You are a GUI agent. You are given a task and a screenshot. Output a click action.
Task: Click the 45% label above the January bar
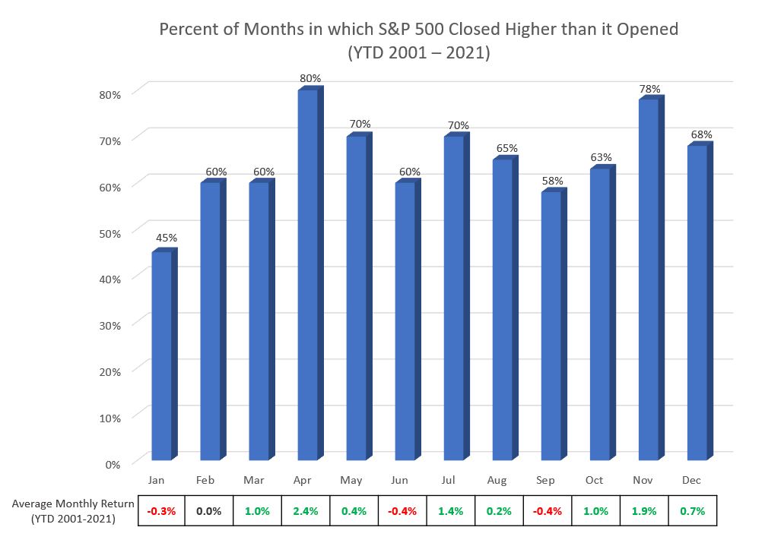coord(167,238)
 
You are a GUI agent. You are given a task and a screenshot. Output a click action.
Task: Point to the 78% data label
coord(650,89)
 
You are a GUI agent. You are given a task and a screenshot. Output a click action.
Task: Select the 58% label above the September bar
coord(552,181)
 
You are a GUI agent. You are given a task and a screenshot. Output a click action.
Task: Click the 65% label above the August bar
coord(507,148)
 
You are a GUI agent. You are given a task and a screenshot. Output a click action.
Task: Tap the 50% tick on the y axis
coord(110,233)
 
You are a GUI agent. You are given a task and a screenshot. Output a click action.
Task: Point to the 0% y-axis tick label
coord(113,465)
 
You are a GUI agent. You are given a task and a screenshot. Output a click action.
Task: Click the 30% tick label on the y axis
coord(110,326)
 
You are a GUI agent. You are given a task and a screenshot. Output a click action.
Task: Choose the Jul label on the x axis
coord(448,480)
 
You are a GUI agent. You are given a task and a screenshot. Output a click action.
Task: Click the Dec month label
coord(691,480)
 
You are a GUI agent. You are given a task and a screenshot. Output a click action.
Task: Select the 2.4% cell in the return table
coord(306,511)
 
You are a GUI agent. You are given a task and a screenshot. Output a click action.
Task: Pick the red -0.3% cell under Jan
coord(161,511)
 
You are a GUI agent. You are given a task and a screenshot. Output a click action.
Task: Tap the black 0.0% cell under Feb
coord(209,511)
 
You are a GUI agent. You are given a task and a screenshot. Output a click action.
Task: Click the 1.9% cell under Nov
coord(644,511)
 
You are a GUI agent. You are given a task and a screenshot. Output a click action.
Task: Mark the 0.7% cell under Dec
coord(692,511)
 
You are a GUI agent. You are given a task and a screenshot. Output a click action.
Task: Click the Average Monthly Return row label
coord(73,511)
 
